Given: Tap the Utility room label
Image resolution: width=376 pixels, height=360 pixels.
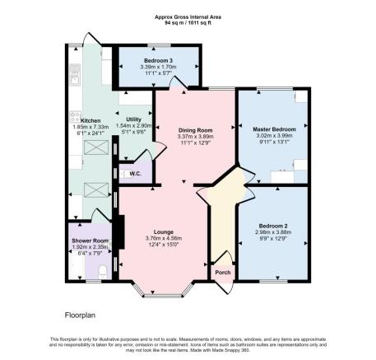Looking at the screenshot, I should [x=134, y=119].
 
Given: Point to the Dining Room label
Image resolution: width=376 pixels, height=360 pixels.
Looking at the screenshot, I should [x=195, y=129].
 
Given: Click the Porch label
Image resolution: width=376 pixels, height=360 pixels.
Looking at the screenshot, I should [x=221, y=273].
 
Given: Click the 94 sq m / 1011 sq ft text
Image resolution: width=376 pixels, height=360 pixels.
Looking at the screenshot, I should [x=188, y=23].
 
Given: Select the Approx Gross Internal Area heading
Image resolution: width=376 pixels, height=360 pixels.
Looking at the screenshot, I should [x=188, y=16].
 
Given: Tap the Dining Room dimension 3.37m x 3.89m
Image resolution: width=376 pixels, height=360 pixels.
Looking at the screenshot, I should [x=195, y=136].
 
